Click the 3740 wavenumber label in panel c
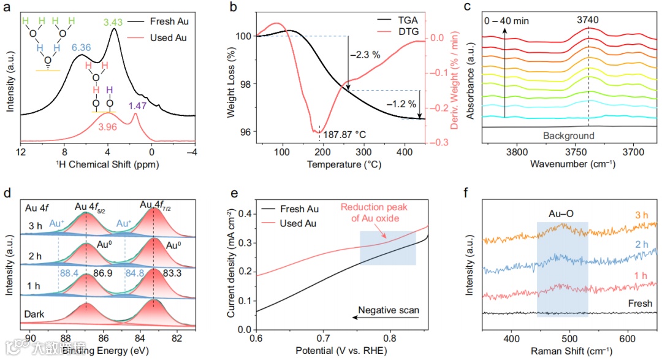588,20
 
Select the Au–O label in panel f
562,215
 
